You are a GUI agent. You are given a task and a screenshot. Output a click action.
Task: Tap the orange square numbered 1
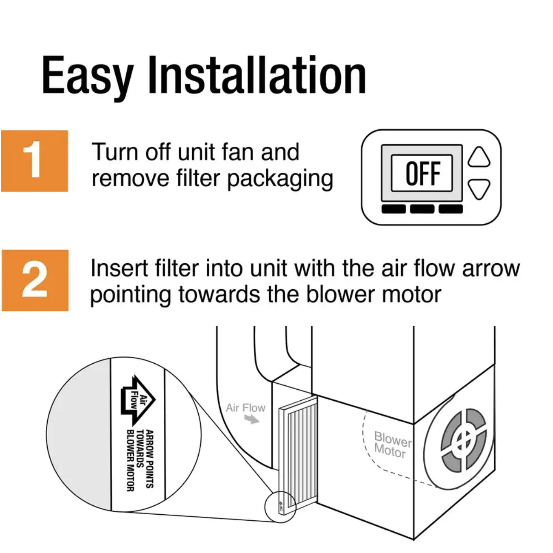[35, 161]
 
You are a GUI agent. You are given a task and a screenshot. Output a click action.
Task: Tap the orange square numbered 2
[35, 280]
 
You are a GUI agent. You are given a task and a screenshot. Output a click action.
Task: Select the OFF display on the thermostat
[422, 173]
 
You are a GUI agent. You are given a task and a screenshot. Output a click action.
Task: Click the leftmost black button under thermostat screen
[393, 209]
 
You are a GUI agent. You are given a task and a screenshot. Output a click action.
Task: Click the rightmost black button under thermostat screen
[450, 209]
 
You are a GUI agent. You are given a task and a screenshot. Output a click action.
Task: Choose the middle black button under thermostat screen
[422, 209]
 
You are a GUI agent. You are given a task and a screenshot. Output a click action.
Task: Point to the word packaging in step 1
[280, 180]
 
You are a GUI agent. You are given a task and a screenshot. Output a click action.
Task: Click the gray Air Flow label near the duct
[245, 408]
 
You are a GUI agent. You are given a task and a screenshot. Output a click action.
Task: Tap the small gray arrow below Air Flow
[252, 420]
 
